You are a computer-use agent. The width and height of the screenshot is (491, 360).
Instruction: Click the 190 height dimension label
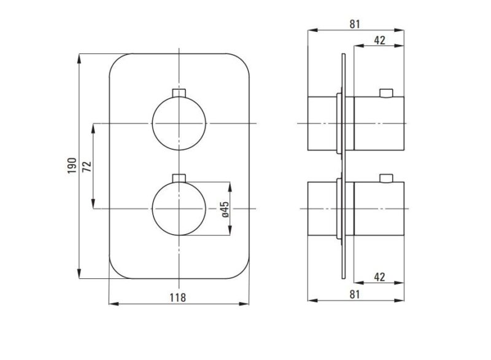[72, 166]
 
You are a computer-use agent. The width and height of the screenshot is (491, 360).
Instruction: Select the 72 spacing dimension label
[87, 166]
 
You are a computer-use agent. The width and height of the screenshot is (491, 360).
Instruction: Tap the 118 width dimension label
[178, 297]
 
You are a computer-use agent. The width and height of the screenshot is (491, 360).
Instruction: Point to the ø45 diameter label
[225, 209]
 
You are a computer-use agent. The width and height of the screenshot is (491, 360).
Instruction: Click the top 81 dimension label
[355, 24]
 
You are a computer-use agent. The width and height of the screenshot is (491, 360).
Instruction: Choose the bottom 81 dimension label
[355, 294]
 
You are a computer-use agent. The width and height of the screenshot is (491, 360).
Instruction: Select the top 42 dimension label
[379, 40]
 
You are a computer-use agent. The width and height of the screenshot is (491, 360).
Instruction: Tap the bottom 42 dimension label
[379, 277]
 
